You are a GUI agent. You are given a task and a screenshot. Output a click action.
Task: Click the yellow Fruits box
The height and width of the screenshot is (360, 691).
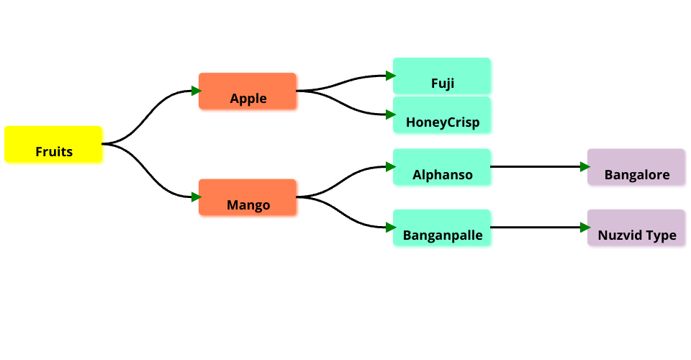pyautogui.click(x=53, y=144)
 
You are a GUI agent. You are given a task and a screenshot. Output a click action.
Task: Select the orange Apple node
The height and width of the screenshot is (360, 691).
pyautogui.click(x=248, y=91)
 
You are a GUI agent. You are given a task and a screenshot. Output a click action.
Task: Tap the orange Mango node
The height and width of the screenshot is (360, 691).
pyautogui.click(x=248, y=197)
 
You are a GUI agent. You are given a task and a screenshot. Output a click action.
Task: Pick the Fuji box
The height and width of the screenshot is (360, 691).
pyautogui.click(x=442, y=76)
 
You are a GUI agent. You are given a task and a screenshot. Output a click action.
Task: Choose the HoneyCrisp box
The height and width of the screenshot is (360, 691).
pyautogui.click(x=442, y=115)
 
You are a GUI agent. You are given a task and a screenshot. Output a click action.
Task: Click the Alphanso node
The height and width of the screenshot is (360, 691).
pyautogui.click(x=442, y=167)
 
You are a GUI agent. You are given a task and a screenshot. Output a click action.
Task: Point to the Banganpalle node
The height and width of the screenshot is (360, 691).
pyautogui.click(x=442, y=228)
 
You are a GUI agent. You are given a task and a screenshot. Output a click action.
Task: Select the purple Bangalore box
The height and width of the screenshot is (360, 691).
pyautogui.click(x=636, y=167)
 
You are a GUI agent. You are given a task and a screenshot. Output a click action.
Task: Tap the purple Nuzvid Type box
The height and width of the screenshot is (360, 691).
pyautogui.click(x=636, y=228)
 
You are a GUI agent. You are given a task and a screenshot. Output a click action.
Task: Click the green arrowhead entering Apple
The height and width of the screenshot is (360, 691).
pyautogui.click(x=196, y=91)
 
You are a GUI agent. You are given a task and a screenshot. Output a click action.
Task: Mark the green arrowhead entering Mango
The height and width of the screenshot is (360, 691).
pyautogui.click(x=196, y=197)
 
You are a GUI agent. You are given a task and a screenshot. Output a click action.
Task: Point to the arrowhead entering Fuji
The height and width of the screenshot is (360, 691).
pyautogui.click(x=390, y=76)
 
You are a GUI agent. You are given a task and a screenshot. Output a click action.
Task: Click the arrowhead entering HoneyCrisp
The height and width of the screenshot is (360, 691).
pyautogui.click(x=390, y=114)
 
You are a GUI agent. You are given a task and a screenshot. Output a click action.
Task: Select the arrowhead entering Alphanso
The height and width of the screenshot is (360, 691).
pyautogui.click(x=390, y=167)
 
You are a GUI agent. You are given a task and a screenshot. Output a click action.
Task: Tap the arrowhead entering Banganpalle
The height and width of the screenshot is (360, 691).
pyautogui.click(x=390, y=228)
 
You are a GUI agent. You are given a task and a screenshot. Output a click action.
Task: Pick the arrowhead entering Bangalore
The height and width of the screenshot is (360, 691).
pyautogui.click(x=584, y=167)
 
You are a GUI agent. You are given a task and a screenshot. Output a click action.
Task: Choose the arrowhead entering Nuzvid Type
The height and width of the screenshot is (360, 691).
pyautogui.click(x=584, y=228)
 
